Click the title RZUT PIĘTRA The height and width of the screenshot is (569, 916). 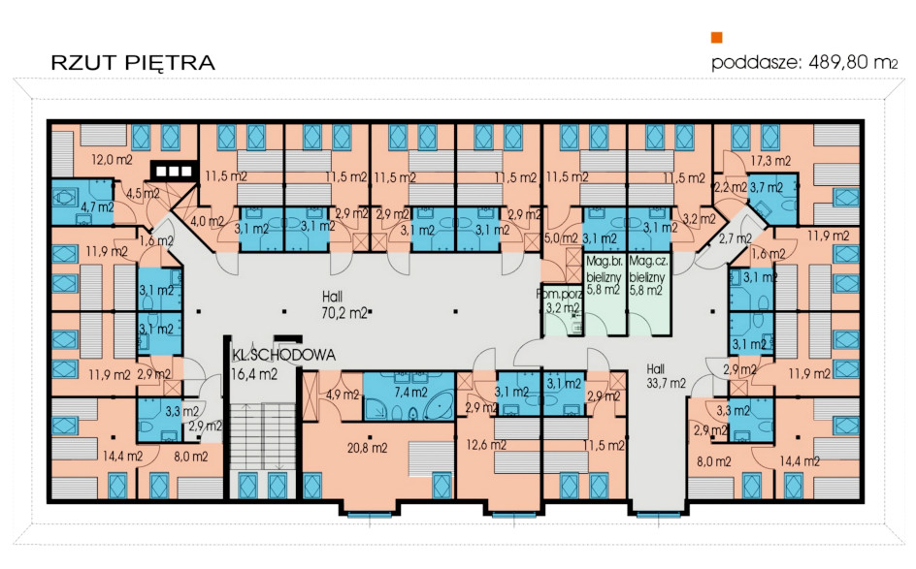click(133, 62)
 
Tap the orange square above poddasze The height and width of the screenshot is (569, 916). click(716, 38)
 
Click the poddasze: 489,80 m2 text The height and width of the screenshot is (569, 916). click(804, 62)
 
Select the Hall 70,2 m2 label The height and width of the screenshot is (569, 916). click(343, 304)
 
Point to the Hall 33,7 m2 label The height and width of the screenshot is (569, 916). click(666, 376)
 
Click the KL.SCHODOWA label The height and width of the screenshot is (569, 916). click(284, 354)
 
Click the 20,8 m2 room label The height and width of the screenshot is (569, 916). click(367, 448)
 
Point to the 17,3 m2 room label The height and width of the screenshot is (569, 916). click(770, 161)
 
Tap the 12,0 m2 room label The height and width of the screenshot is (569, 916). click(112, 159)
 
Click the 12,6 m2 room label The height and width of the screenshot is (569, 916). click(486, 445)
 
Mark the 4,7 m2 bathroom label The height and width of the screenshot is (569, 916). click(98, 206)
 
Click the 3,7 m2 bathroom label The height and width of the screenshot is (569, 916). click(766, 187)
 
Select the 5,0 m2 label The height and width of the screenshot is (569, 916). click(561, 238)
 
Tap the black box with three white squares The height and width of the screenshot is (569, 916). click(174, 171)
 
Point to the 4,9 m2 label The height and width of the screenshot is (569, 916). click(343, 395)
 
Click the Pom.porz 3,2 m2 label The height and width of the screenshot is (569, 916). click(560, 301)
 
